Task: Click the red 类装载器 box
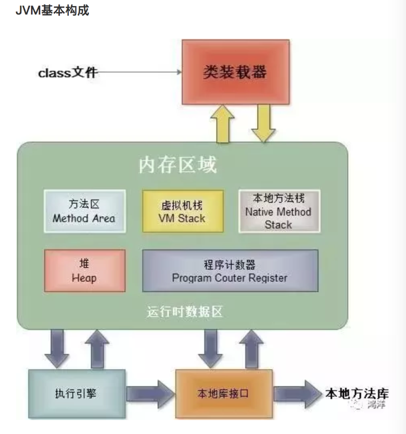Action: click(235, 72)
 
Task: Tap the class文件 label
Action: click(68, 73)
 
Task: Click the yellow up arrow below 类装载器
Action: click(222, 124)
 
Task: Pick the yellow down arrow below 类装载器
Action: click(263, 124)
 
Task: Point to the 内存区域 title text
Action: click(178, 165)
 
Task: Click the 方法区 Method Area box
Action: click(84, 211)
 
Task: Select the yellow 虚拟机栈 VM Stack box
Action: click(182, 211)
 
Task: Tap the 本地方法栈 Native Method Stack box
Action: click(278, 211)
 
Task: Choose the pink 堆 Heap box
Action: click(84, 271)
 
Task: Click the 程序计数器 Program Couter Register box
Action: click(230, 271)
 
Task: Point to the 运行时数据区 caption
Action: click(184, 312)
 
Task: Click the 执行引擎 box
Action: click(76, 393)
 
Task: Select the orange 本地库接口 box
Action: click(223, 393)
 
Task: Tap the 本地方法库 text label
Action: click(357, 393)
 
